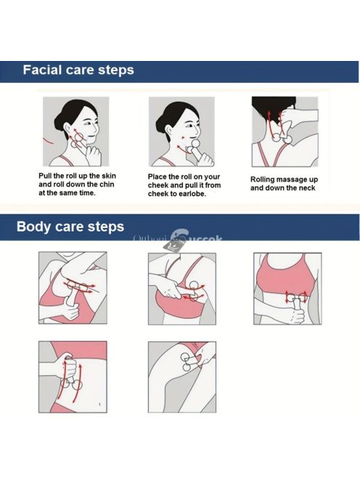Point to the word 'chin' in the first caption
[107, 184]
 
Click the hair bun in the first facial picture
[58, 123]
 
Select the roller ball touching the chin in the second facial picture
[195, 143]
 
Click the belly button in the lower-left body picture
[99, 404]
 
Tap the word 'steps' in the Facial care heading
[116, 70]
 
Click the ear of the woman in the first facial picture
[67, 128]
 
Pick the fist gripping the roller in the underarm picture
[70, 311]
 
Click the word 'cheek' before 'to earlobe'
[157, 194]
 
